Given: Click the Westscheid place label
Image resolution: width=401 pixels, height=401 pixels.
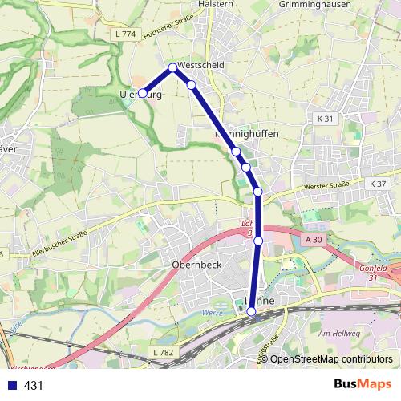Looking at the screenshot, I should (202, 65).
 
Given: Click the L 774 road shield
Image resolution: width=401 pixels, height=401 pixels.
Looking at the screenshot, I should (127, 34).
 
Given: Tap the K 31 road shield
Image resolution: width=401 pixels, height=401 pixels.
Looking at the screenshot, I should (325, 118).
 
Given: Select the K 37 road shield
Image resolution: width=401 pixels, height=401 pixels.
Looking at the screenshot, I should (378, 184).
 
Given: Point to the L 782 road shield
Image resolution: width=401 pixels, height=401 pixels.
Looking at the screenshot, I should (162, 353).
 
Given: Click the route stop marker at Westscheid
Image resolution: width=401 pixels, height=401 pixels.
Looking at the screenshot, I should (172, 67).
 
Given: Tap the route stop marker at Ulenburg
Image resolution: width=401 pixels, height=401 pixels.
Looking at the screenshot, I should (143, 93).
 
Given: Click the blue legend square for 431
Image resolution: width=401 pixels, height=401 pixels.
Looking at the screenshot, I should (11, 386).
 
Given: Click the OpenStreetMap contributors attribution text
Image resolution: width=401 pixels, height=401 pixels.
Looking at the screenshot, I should (330, 359).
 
